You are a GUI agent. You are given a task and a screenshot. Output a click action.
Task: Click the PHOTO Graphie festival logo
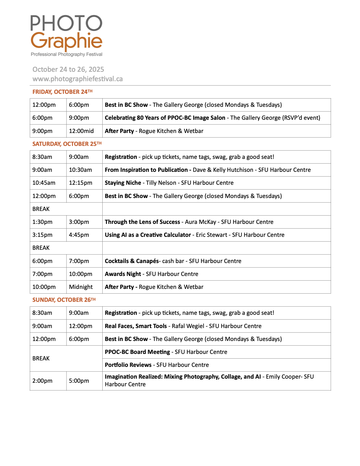tap(66, 35)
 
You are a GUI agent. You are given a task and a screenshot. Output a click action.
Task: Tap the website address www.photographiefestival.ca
tap(78, 79)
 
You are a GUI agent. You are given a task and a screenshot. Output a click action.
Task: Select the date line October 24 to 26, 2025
tap(68, 69)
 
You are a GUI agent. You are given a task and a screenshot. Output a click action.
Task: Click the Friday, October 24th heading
tap(62, 92)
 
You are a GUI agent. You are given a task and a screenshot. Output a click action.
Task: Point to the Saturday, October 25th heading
tap(67, 144)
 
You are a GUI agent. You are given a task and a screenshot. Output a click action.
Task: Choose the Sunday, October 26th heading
tap(64, 300)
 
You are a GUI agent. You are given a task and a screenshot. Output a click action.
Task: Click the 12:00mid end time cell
tap(81, 131)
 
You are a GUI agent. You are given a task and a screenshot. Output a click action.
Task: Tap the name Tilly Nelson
tap(161, 183)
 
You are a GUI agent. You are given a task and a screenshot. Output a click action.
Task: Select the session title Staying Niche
tap(123, 183)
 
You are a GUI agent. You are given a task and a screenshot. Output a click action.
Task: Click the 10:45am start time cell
tap(44, 183)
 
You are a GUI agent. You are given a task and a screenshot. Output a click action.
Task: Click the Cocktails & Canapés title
tap(132, 261)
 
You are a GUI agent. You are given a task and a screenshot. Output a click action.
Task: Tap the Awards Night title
tap(123, 274)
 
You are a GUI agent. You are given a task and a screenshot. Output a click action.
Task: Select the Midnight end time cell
tap(81, 287)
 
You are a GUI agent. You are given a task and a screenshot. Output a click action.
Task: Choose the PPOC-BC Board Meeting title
tap(137, 352)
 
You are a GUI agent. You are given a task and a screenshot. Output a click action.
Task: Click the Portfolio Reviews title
tap(128, 365)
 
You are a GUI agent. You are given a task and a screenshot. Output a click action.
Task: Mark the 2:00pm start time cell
tap(42, 381)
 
